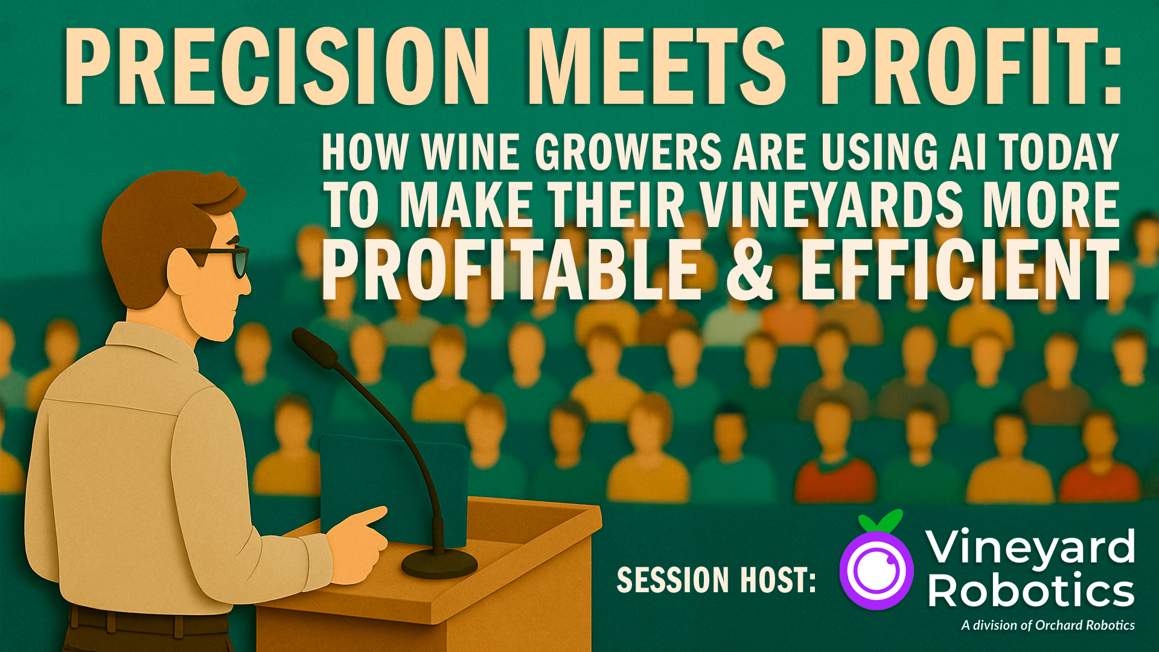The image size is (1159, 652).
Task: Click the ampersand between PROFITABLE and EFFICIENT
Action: point(750,269)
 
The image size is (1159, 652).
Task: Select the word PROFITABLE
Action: point(512,269)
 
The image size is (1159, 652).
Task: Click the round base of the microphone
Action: point(439,563)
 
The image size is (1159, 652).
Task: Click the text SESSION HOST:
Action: point(716,580)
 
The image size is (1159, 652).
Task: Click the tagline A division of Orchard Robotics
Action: point(1048,625)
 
